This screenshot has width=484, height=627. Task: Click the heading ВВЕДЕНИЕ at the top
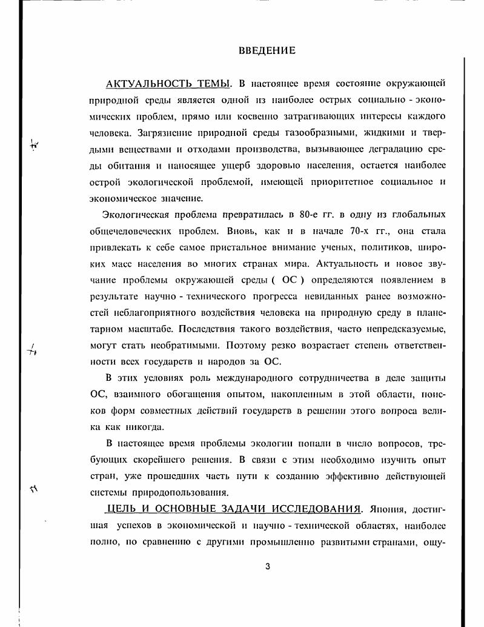pos(267,51)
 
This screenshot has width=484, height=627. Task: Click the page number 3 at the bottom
pos(267,567)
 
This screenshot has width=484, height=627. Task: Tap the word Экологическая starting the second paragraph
pos(135,215)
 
